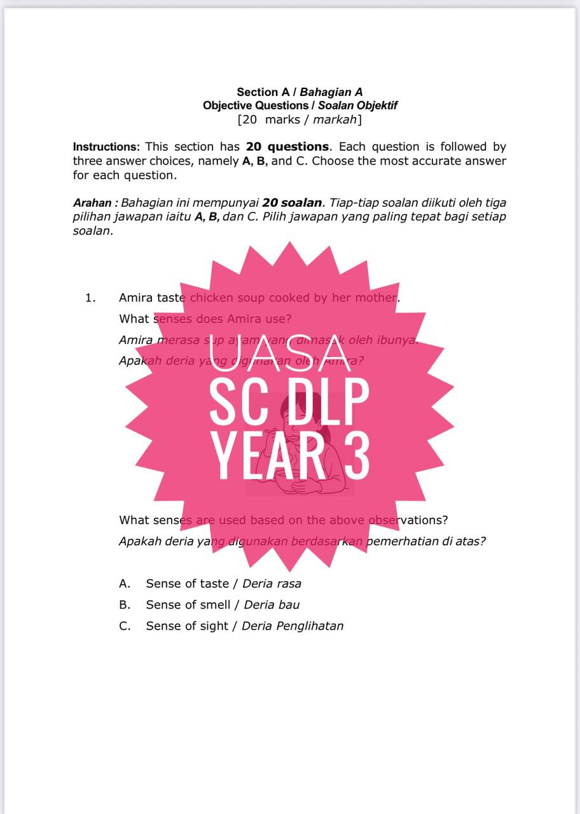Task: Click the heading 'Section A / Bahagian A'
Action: click(x=300, y=92)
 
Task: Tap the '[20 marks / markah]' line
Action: click(x=300, y=120)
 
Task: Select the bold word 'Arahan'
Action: click(x=93, y=203)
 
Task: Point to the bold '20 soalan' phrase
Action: click(x=292, y=203)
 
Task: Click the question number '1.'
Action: click(x=90, y=298)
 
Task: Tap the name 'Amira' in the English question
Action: click(x=136, y=298)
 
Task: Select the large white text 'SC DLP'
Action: click(x=289, y=403)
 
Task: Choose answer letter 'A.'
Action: click(x=125, y=584)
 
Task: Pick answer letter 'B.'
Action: click(x=125, y=605)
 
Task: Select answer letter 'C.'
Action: click(x=125, y=626)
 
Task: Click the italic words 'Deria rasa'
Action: click(x=272, y=584)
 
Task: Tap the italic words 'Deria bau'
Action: click(x=272, y=605)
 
